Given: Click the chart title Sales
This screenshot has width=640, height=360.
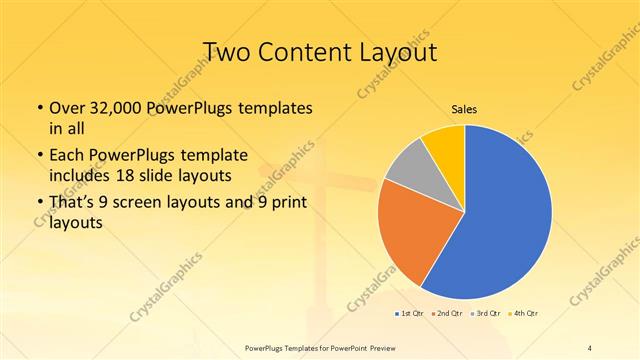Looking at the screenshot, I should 464,107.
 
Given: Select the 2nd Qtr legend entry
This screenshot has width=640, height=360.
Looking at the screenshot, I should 448,315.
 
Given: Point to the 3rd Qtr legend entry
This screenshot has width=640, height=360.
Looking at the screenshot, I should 487,315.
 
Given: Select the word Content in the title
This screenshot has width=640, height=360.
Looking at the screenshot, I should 312,52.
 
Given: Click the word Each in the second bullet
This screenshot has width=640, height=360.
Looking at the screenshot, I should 66,155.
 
